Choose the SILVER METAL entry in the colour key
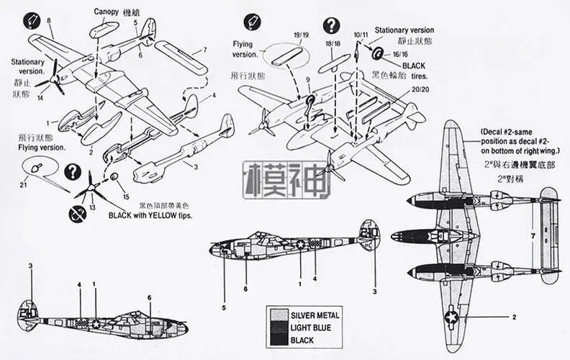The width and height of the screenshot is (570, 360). pyautogui.click(x=315, y=315)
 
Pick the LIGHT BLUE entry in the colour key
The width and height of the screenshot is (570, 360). pyautogui.click(x=311, y=328)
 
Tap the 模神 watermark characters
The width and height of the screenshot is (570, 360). pyautogui.click(x=287, y=179)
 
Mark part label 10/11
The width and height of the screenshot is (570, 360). pyautogui.click(x=361, y=34)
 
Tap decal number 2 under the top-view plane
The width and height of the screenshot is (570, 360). pyautogui.click(x=514, y=316)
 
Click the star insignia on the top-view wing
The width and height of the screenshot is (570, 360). pyautogui.click(x=451, y=315)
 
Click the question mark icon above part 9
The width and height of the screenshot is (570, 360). pyautogui.click(x=329, y=26)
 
